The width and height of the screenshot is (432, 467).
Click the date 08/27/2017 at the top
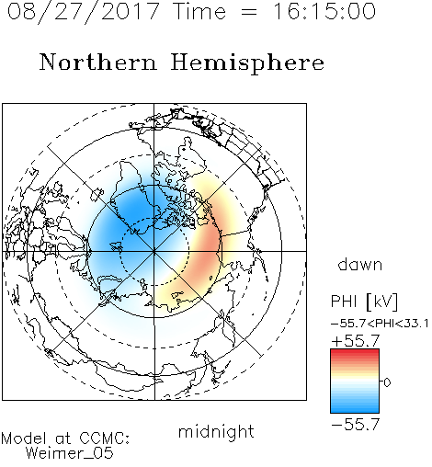click(84, 12)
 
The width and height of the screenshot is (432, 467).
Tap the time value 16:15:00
click(324, 11)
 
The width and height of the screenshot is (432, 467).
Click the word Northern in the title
click(98, 63)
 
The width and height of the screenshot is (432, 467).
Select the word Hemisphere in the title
click(247, 63)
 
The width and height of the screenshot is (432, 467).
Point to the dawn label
click(360, 264)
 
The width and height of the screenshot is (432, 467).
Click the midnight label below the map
click(216, 431)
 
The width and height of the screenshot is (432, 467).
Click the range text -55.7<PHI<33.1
click(380, 324)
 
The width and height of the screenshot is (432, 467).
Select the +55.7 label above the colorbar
click(356, 340)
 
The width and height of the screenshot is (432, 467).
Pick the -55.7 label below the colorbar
click(356, 424)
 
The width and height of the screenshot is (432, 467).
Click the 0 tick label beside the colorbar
click(387, 382)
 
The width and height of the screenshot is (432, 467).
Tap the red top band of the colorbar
click(355, 353)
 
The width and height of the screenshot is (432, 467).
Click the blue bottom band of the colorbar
click(355, 408)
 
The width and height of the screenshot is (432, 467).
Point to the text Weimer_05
click(70, 453)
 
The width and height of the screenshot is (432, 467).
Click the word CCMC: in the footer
click(105, 439)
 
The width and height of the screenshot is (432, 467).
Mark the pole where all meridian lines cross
click(154, 251)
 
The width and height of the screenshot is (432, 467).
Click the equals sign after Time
click(249, 12)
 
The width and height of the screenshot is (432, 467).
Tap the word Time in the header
click(199, 11)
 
